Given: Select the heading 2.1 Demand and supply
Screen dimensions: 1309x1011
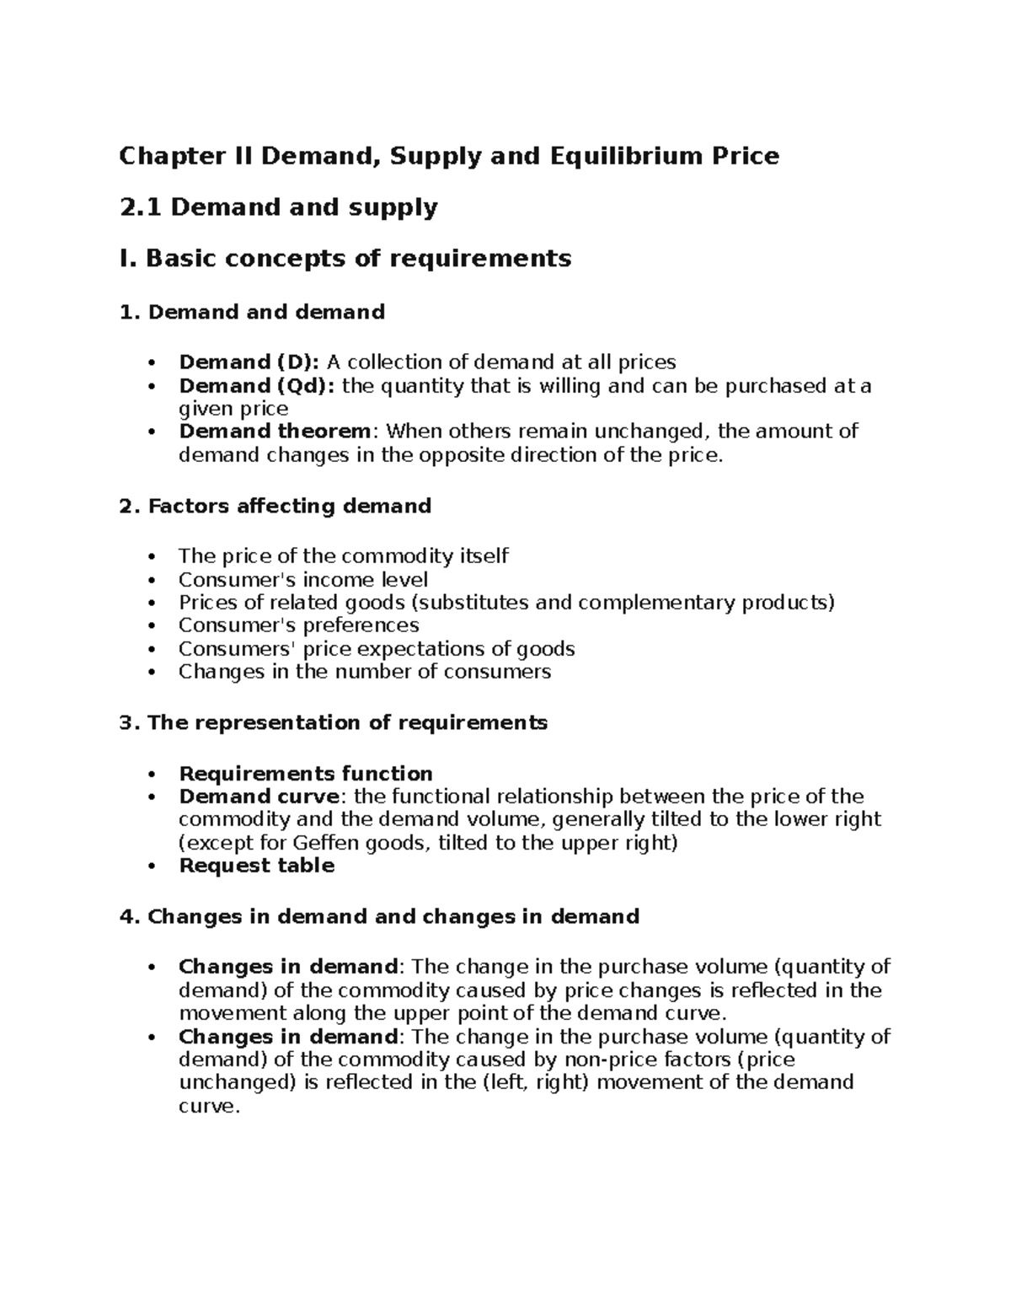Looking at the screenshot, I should tap(278, 207).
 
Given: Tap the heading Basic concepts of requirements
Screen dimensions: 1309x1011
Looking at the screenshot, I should tap(358, 258).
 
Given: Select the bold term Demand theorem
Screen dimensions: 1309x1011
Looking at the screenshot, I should tap(275, 432).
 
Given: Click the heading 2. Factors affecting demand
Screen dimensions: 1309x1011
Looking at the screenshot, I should tap(275, 506).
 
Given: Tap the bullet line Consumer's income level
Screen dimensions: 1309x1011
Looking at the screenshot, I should tap(303, 580).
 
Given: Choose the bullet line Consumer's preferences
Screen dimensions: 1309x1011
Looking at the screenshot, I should tap(298, 625).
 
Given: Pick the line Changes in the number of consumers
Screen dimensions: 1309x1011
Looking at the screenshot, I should tap(364, 672).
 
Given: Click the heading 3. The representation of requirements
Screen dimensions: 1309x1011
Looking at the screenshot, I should tap(334, 723).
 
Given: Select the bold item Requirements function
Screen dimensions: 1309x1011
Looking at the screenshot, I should tap(306, 774).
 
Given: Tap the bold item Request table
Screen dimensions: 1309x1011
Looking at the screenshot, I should tap(256, 866).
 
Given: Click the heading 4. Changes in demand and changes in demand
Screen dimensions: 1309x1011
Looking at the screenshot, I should tap(380, 916).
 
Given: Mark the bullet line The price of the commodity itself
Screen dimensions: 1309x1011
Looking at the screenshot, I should tap(343, 556).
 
